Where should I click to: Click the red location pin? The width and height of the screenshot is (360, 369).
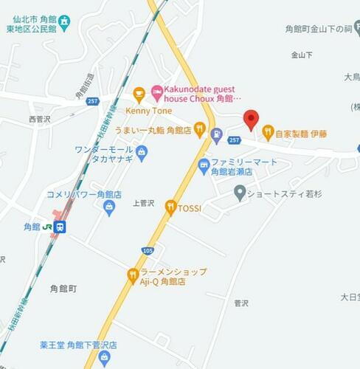pyautogui.click(x=251, y=120)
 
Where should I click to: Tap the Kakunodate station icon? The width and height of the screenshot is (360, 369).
pyautogui.click(x=60, y=227)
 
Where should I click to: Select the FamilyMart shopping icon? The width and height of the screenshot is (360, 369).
pyautogui.click(x=204, y=165)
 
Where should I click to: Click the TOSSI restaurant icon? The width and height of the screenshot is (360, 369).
pyautogui.click(x=170, y=208)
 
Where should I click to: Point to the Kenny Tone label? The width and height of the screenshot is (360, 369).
pyautogui.click(x=148, y=110)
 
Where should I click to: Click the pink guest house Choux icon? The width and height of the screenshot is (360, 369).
pyautogui.click(x=156, y=92)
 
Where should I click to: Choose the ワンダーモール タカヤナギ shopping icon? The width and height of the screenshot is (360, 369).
pyautogui.click(x=142, y=154)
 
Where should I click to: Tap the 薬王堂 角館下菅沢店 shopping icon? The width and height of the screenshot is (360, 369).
pyautogui.click(x=104, y=358)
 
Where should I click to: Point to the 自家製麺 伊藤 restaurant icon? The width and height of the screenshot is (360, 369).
pyautogui.click(x=268, y=134)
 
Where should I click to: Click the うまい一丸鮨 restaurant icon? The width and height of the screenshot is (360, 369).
pyautogui.click(x=199, y=129)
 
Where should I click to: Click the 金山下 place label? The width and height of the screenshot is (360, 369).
pyautogui.click(x=302, y=55)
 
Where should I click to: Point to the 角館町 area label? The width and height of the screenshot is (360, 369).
pyautogui.click(x=63, y=287)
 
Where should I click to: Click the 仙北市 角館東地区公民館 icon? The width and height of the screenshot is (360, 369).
pyautogui.click(x=65, y=21)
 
